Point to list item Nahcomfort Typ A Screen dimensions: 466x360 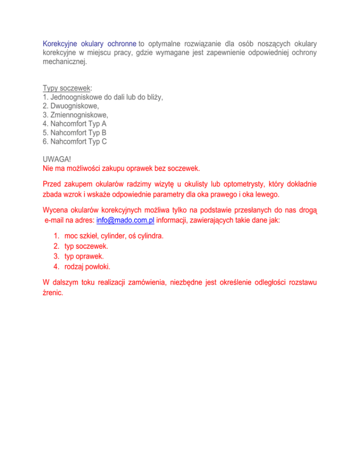pyautogui.click(x=74, y=124)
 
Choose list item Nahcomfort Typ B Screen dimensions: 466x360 pyautogui.click(x=74, y=133)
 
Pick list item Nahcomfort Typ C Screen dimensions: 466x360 pyautogui.click(x=74, y=142)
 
